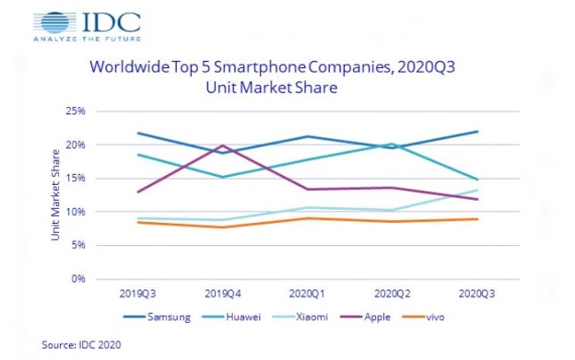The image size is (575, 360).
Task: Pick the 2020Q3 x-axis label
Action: (x=477, y=293)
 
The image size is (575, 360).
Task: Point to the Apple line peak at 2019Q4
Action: (x=223, y=146)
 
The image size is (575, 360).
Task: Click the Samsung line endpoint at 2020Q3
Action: (x=478, y=132)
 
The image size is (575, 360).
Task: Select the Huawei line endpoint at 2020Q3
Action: (x=478, y=180)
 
